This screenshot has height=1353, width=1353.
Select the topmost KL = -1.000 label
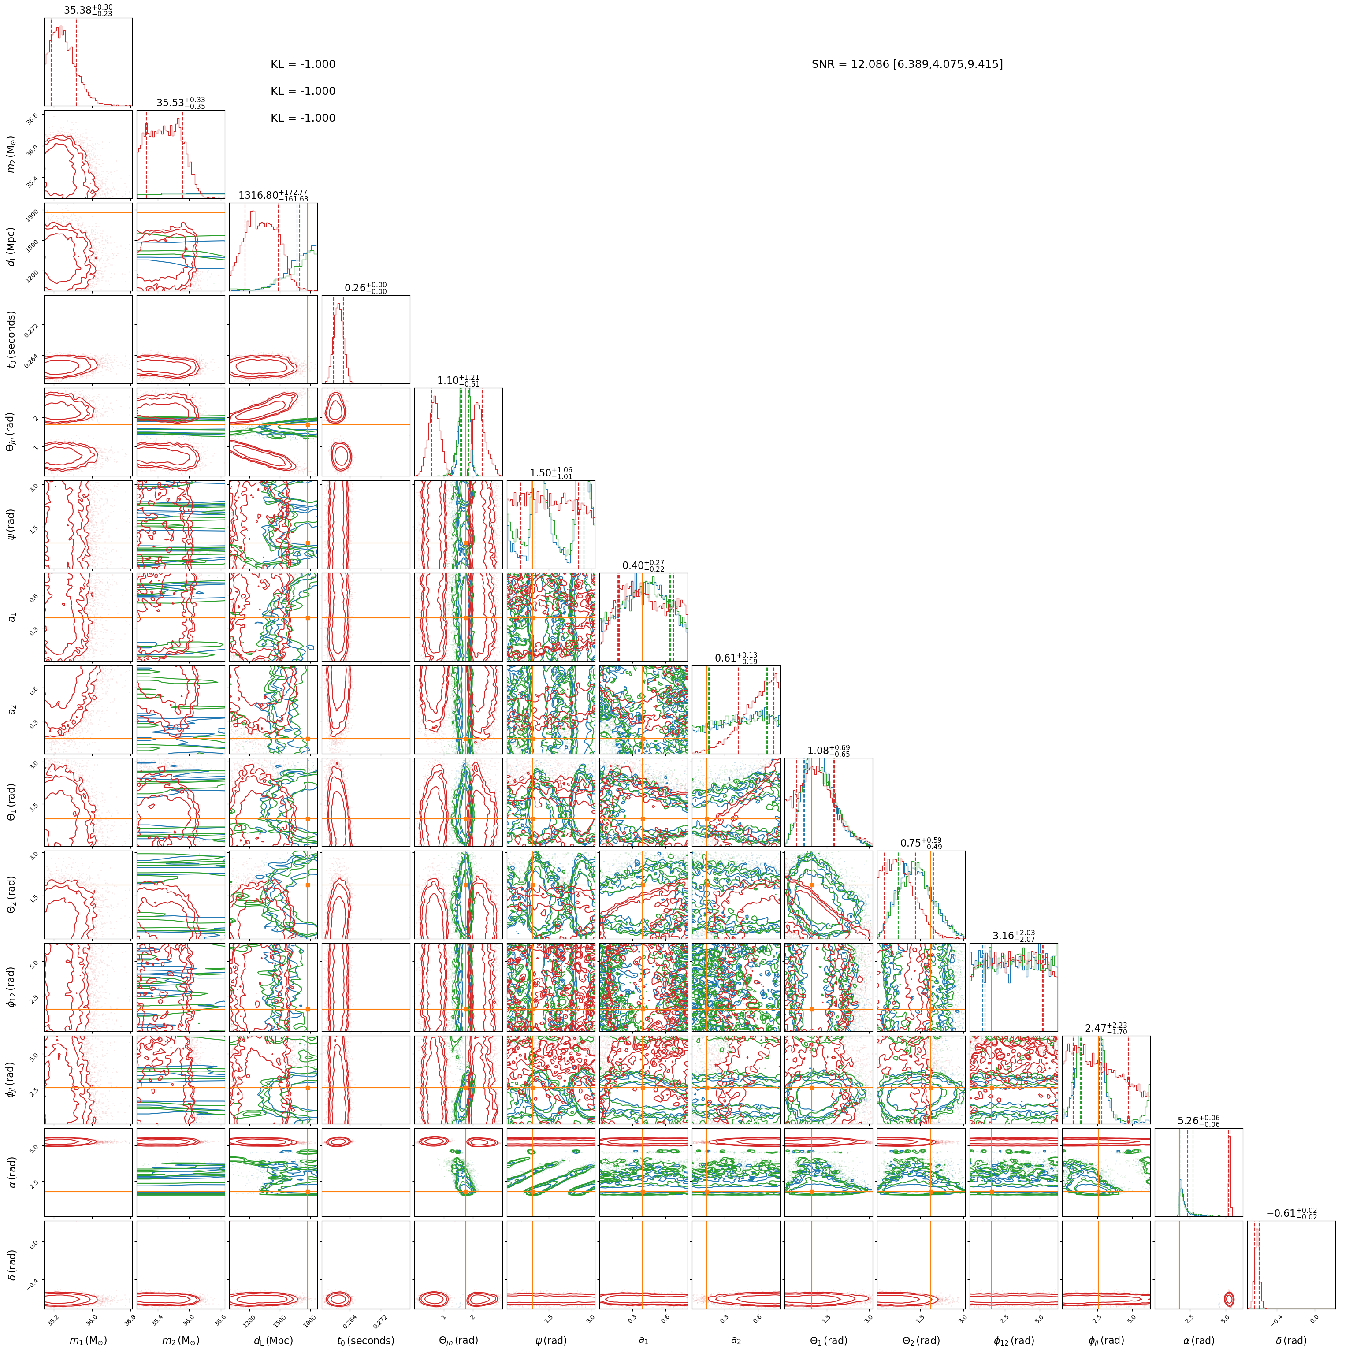[303, 64]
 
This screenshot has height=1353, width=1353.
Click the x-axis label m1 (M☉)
[88, 1340]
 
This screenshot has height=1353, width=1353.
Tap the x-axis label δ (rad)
[1291, 1340]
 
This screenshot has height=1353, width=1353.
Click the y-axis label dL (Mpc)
[12, 246]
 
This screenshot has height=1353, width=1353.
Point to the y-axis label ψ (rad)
[12, 524]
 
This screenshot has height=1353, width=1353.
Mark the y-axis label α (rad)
[12, 1171]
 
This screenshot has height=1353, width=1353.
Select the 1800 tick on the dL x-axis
[309, 1320]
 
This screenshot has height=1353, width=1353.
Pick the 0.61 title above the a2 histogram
[735, 658]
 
